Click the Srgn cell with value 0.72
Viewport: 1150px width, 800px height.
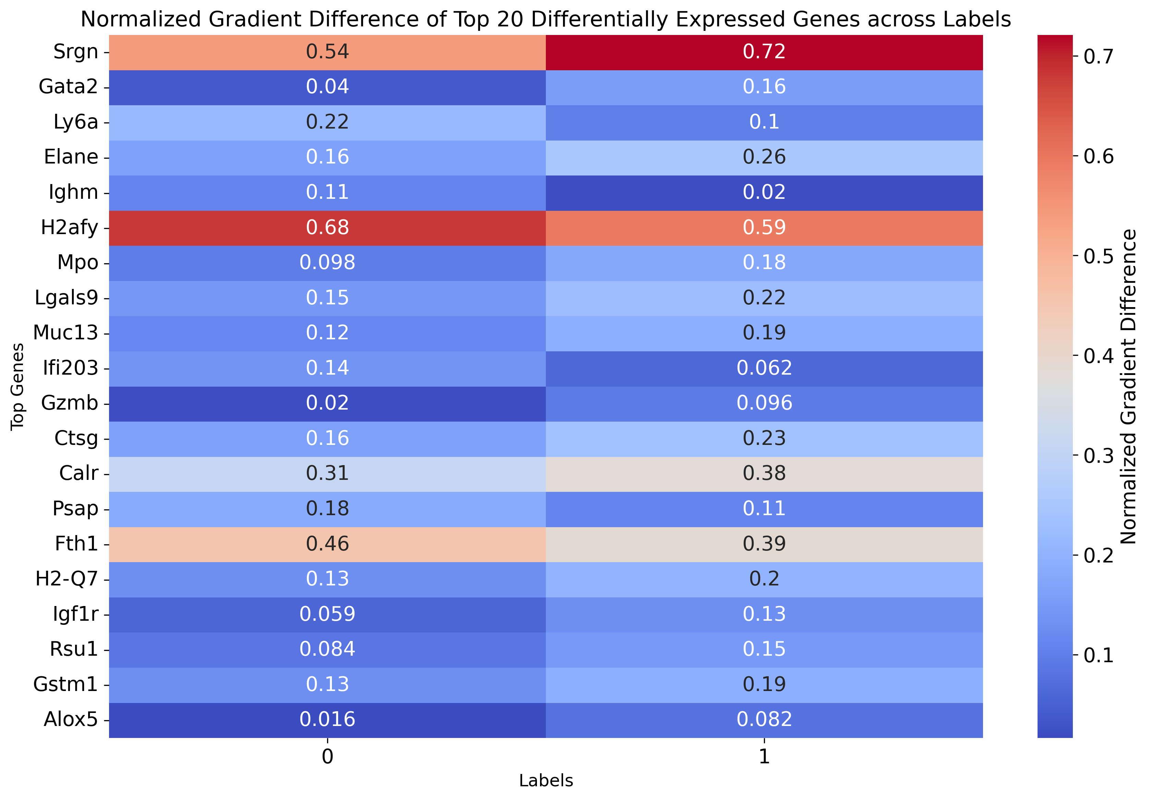(x=764, y=52)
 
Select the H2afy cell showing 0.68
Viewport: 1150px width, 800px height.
(x=327, y=228)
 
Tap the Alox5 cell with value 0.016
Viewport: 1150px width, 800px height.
(x=327, y=720)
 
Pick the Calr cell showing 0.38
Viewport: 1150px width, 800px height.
(x=764, y=474)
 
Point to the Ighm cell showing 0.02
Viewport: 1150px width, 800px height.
(x=764, y=193)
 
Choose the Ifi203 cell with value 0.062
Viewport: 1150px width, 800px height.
(x=764, y=368)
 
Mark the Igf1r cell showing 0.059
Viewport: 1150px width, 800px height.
(x=327, y=614)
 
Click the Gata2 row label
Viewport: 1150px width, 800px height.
(x=68, y=87)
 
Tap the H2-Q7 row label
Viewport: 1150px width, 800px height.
(x=67, y=579)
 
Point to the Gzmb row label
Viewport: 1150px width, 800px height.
(x=70, y=403)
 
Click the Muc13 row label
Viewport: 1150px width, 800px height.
(x=65, y=333)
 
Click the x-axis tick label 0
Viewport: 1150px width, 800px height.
(x=327, y=756)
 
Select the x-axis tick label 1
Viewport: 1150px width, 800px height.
(x=764, y=756)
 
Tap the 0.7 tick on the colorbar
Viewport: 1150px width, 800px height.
(x=1099, y=57)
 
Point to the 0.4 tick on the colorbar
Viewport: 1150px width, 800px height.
(x=1099, y=356)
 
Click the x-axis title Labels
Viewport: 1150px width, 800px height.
(x=546, y=780)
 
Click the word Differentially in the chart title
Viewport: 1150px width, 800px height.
(x=599, y=20)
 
